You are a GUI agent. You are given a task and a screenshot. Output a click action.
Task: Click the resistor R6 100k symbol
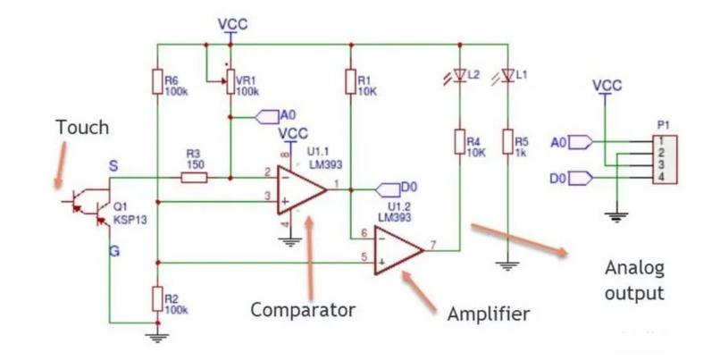pyautogui.click(x=157, y=81)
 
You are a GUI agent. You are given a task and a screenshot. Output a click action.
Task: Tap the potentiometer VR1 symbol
pyautogui.click(x=230, y=81)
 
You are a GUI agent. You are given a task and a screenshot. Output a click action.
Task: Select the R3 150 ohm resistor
pyautogui.click(x=194, y=178)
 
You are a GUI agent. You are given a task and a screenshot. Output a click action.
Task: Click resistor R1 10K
pyautogui.click(x=351, y=81)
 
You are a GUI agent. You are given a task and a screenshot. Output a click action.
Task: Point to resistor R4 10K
pyautogui.click(x=460, y=141)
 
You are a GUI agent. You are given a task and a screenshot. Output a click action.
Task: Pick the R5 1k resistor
pyautogui.click(x=507, y=141)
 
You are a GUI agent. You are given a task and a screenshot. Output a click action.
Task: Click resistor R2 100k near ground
pyautogui.click(x=157, y=299)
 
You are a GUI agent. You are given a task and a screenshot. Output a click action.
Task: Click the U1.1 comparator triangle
pyautogui.click(x=301, y=189)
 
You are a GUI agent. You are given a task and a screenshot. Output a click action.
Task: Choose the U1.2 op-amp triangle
pyautogui.click(x=398, y=250)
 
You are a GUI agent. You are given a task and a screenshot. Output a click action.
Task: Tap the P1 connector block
pyautogui.click(x=665, y=160)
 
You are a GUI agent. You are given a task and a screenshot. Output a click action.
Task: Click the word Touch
pyautogui.click(x=83, y=127)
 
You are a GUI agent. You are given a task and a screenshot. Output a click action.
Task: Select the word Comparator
pyautogui.click(x=303, y=310)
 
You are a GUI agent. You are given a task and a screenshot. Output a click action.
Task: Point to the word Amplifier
pyautogui.click(x=489, y=314)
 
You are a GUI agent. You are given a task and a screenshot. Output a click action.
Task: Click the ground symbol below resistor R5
pyautogui.click(x=507, y=266)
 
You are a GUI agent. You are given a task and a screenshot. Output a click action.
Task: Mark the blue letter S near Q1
pyautogui.click(x=113, y=166)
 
